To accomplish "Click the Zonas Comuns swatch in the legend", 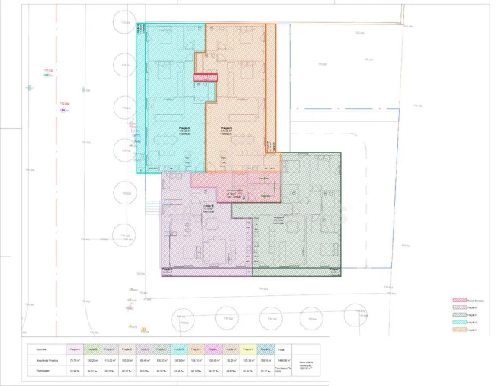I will coord(459,301).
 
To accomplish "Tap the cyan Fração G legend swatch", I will coord(459,323).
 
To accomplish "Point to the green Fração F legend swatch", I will coord(459,316).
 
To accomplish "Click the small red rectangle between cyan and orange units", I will coord(205,77).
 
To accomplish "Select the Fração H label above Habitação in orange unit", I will coord(226,128).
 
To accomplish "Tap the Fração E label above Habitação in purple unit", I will coord(207,206).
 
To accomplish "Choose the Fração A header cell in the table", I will coord(76,349).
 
